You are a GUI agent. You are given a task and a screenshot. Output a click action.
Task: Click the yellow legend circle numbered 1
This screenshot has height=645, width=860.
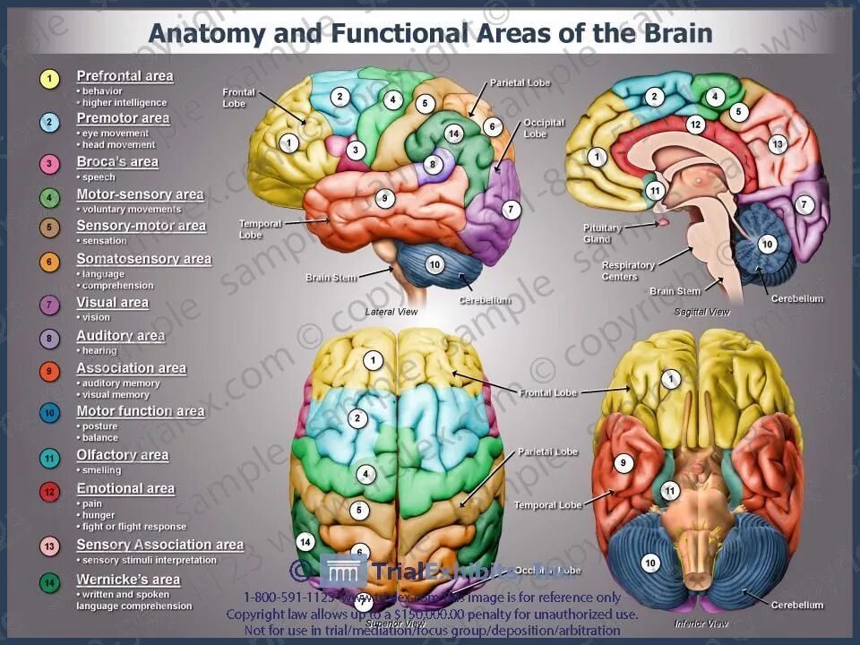[x=50, y=79]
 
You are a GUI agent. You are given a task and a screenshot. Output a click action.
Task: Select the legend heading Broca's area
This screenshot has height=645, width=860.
[x=117, y=162]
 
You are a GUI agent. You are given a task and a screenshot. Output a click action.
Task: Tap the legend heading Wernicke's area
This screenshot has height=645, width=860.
[x=128, y=580]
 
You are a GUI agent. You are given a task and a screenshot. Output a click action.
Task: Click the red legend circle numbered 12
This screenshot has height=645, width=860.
[x=50, y=491]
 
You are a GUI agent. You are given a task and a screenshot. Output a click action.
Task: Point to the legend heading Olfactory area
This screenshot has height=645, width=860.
[x=123, y=455]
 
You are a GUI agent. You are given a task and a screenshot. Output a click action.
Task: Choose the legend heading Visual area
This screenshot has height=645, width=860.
[x=113, y=303]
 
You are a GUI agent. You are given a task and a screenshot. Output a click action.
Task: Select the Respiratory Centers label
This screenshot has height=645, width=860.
[x=628, y=271]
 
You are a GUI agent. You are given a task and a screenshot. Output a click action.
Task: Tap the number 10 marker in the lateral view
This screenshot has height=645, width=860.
[x=434, y=264]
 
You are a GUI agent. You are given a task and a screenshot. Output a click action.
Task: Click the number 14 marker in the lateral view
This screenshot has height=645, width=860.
[x=453, y=134]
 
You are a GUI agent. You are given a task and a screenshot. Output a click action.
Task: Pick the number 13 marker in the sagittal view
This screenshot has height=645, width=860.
[x=777, y=144]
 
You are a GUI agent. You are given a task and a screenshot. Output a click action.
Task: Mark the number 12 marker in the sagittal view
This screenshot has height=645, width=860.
[x=695, y=125]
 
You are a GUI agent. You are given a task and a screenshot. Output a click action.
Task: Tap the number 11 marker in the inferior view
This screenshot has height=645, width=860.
[x=670, y=491]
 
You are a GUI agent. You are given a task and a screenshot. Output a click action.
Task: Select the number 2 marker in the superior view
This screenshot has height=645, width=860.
[x=358, y=417]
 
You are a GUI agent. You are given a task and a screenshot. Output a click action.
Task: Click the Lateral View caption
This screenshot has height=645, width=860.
[x=391, y=312]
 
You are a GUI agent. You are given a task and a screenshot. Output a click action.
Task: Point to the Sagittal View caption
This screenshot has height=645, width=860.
[x=701, y=312]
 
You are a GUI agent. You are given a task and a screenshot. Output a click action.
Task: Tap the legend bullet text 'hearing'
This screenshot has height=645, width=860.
[x=99, y=351]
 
